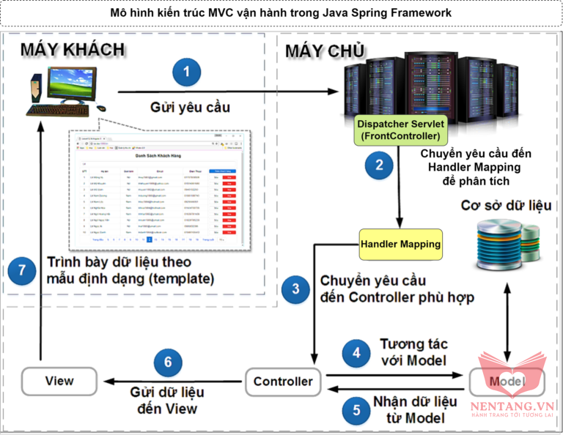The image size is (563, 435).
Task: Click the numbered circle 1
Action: [x=186, y=72]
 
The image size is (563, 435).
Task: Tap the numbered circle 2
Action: [x=379, y=164]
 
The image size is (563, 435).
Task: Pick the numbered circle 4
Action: [x=356, y=352]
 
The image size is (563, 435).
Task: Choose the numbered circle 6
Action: [x=168, y=362]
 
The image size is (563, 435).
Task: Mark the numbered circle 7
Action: [x=22, y=269]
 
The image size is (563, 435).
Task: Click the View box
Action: [x=59, y=381]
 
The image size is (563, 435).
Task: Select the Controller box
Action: [x=283, y=381]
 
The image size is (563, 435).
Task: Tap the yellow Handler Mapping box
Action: [x=400, y=243]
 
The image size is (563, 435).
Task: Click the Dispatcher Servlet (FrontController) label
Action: [x=400, y=130]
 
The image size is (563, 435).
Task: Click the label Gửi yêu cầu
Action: [x=190, y=108]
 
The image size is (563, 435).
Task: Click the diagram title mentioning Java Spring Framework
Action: [x=281, y=13]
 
